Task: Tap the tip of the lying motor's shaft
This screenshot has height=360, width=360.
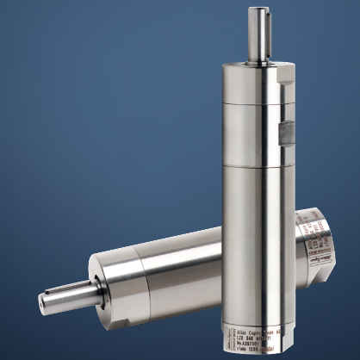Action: coord(42,302)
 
